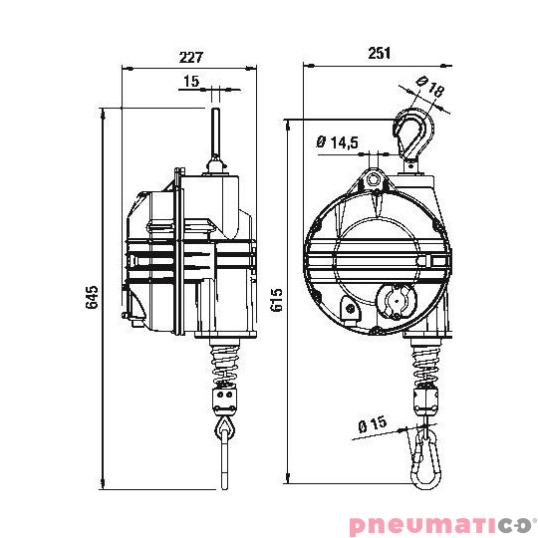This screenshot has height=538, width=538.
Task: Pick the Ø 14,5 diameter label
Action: [x=338, y=142]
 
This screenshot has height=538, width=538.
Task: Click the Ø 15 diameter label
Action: [x=372, y=424]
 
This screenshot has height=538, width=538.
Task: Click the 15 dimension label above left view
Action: [x=191, y=81]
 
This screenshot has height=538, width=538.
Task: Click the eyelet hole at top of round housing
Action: [x=373, y=180]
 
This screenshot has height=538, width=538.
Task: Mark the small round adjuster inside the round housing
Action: [x=397, y=299]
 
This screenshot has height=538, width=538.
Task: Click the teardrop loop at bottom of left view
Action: [x=225, y=428]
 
